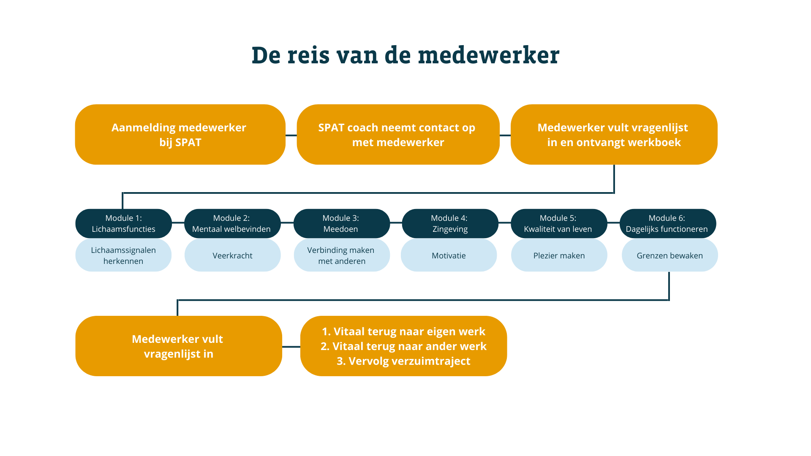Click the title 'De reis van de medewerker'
pyautogui.click(x=405, y=55)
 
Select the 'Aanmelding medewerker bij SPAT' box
pyautogui.click(x=180, y=134)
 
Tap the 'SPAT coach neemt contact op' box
pyautogui.click(x=398, y=134)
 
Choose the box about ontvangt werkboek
pyautogui.click(x=614, y=134)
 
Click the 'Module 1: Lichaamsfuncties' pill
pyautogui.click(x=123, y=223)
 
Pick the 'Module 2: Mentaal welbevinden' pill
pyautogui.click(x=232, y=223)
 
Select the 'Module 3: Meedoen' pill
pyautogui.click(x=341, y=223)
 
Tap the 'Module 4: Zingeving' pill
pyautogui.click(x=450, y=223)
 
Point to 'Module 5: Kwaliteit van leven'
pyautogui.click(x=559, y=223)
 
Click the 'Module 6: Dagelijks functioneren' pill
pyautogui.click(x=668, y=223)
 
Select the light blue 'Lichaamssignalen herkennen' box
pyautogui.click(x=123, y=255)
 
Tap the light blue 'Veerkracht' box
pyautogui.click(x=232, y=255)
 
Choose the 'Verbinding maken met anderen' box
pyautogui.click(x=342, y=255)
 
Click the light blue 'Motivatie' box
pyautogui.click(x=449, y=255)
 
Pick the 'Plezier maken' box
pyautogui.click(x=559, y=255)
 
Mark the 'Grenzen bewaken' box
pyautogui.click(x=669, y=255)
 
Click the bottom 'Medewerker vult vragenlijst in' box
pyautogui.click(x=179, y=346)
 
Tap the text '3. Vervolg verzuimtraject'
pyautogui.click(x=403, y=361)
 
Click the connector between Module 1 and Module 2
pyautogui.click(x=178, y=223)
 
